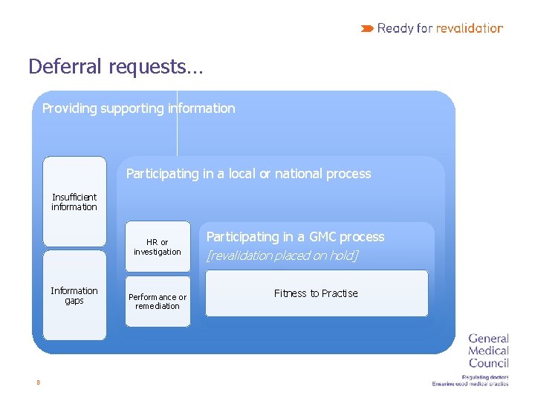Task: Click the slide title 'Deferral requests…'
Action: [x=114, y=67]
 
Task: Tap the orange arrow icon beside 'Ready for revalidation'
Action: [x=367, y=29]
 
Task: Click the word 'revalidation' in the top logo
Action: [x=470, y=29]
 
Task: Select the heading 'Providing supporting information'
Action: [x=138, y=108]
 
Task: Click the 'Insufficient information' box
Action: [x=74, y=201]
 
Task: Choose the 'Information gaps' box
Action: [x=74, y=296]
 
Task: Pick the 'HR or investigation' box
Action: [x=158, y=247]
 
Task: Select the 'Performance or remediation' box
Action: [x=158, y=301]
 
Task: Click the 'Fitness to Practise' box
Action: [x=316, y=293]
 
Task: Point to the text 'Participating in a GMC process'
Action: [x=295, y=237]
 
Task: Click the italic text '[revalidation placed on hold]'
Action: [x=282, y=255]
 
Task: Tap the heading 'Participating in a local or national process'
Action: [x=248, y=174]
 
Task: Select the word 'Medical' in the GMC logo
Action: [x=488, y=351]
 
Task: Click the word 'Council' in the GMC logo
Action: [x=488, y=363]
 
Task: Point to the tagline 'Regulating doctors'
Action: [x=484, y=376]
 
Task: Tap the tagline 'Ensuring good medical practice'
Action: [x=470, y=384]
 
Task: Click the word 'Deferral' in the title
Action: [x=65, y=67]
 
